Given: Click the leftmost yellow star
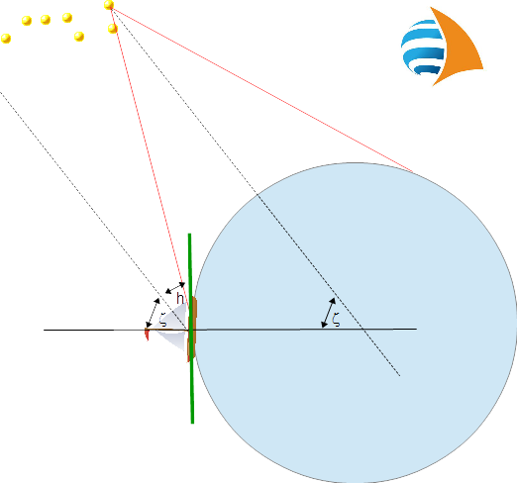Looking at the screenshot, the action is point(6,39).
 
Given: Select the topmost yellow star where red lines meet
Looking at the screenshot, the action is point(109,5).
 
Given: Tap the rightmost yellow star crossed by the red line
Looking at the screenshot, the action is point(112,29).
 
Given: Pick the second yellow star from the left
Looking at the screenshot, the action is point(27,21).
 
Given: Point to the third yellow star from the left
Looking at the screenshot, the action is point(46,20).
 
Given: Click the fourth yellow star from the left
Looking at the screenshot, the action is point(67,18).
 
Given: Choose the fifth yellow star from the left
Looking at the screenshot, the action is point(79,37).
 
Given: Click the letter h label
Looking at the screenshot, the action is point(180,298).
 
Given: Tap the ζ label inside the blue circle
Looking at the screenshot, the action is point(336,320).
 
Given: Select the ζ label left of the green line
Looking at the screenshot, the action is point(162,320).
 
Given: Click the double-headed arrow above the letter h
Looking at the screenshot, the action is point(175,288).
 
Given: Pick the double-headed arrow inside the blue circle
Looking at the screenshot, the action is point(329,313).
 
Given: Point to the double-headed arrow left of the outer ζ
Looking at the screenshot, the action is point(153,313).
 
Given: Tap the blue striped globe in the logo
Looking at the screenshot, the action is point(423,48).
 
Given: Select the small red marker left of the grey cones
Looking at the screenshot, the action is point(147,334).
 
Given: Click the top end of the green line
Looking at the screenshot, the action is point(189,234).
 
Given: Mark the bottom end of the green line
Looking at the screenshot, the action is point(192,423).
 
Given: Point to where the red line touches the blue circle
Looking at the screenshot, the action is point(413,172).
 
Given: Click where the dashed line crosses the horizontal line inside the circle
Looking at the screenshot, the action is point(362,329).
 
